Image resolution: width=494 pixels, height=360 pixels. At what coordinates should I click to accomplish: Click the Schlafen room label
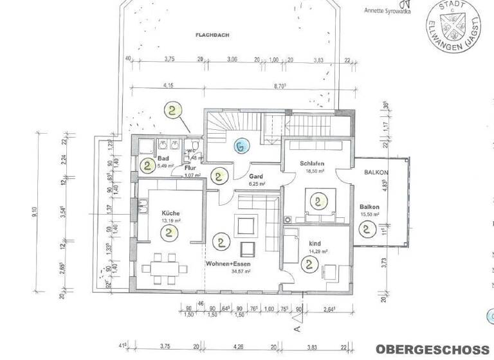coord(311,163)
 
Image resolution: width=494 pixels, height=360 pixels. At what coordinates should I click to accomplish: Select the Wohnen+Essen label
coord(229,264)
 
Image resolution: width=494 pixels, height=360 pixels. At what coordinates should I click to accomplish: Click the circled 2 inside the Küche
coord(169,231)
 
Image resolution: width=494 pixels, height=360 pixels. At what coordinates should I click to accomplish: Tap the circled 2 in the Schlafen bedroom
coord(317,201)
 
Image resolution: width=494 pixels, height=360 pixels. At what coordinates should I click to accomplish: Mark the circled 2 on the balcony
coord(368,228)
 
